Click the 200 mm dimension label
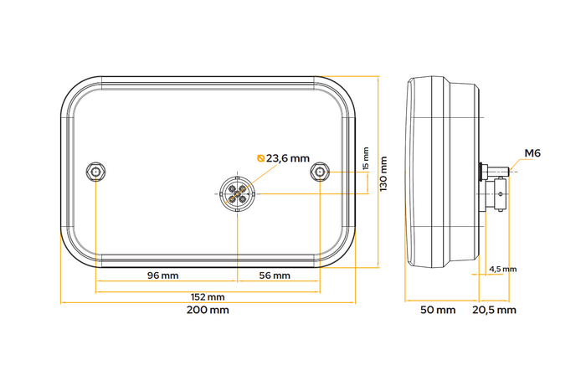tap(208, 310)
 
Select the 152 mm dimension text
tap(208, 297)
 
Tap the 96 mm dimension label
tap(163, 275)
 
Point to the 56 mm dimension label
tap(274, 275)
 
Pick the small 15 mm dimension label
tap(365, 159)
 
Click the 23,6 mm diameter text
tap(288, 157)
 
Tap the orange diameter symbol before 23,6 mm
tap(260, 157)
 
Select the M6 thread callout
tap(532, 153)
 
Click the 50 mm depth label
tap(437, 311)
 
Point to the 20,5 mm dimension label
tap(496, 311)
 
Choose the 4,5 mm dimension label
tap(503, 269)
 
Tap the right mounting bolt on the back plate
tap(319, 172)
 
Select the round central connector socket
tap(237, 194)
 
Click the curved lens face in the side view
tap(411, 173)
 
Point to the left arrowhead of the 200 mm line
tap(63, 302)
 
